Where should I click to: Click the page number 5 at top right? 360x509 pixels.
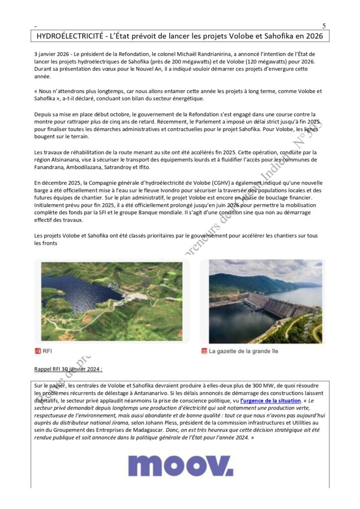pyautogui.click(x=324, y=26)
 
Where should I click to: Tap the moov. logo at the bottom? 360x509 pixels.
pyautogui.click(x=180, y=465)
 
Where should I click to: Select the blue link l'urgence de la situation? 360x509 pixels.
pyautogui.click(x=270, y=400)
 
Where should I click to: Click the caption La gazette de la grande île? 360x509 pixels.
pyautogui.click(x=243, y=351)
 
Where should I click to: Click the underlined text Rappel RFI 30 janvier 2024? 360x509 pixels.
pyautogui.click(x=68, y=369)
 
